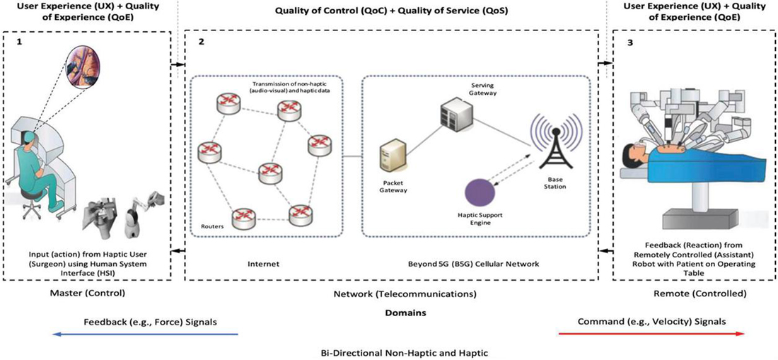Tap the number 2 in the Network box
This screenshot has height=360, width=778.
tap(202, 42)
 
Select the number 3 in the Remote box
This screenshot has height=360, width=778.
tap(631, 42)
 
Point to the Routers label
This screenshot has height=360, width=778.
tap(211, 227)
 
